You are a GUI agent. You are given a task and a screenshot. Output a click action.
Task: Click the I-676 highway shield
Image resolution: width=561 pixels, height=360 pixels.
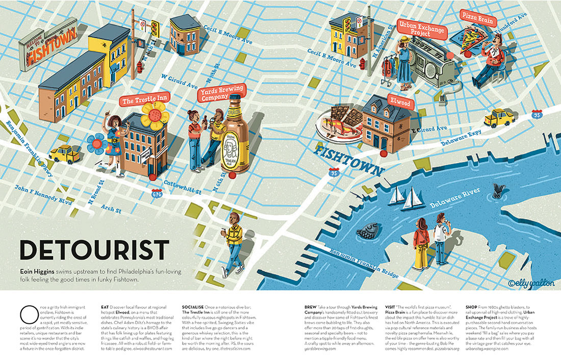pyautogui.click(x=157, y=193)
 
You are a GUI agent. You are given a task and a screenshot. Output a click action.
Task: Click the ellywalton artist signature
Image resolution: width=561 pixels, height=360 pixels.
pyautogui.click(x=531, y=281)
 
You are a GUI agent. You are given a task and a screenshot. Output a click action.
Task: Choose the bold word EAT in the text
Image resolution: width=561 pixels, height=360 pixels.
pyautogui.click(x=105, y=307)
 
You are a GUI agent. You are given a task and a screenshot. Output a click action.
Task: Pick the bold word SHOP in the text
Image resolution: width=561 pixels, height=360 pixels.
pyautogui.click(x=471, y=307)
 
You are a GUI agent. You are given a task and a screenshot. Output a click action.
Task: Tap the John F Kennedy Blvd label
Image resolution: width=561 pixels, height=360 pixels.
pyautogui.click(x=43, y=195)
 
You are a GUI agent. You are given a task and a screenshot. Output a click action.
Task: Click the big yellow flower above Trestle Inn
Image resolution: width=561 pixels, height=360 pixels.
pyautogui.click(x=155, y=115)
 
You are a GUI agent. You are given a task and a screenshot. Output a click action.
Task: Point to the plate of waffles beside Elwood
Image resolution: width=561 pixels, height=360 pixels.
pyautogui.click(x=340, y=122)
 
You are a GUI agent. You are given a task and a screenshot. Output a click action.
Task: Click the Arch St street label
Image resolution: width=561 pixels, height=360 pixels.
pyautogui.click(x=111, y=208)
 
